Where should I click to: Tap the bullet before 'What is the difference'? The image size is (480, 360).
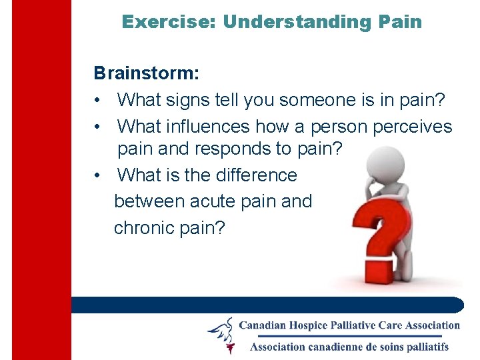point(98,175)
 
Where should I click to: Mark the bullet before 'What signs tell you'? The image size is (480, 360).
point(98,101)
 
